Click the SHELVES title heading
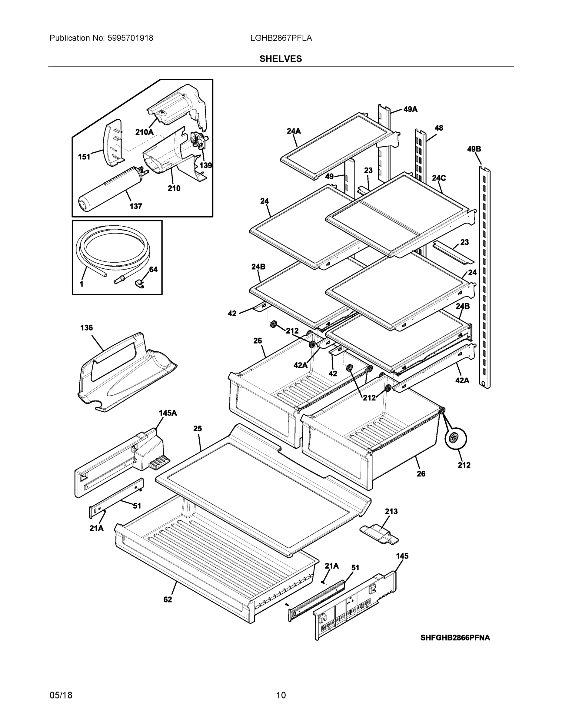281,59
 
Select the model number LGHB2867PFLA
281,38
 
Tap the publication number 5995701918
130,38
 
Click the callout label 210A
144,132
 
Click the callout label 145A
168,413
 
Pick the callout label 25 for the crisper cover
198,429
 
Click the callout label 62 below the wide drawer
168,599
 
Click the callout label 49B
474,149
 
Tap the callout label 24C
438,178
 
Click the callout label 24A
294,131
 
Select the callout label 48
438,128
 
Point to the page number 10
281,695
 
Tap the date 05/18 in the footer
61,695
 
